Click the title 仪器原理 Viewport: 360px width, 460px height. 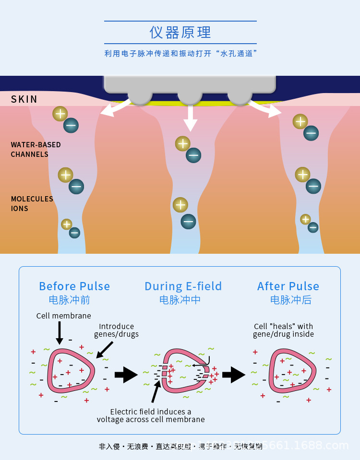[180, 33]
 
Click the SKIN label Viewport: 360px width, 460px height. [24, 99]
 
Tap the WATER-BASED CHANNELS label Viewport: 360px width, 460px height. [36, 150]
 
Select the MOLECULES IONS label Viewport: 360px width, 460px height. [32, 203]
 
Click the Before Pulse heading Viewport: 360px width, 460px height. [74, 286]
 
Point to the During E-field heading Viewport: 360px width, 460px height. [183, 286]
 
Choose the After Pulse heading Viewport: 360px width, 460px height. [288, 286]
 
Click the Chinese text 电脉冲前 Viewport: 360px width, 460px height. [70, 300]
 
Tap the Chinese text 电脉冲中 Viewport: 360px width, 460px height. [180, 300]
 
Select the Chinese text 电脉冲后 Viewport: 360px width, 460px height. [291, 300]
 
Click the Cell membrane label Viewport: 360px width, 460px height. [63, 316]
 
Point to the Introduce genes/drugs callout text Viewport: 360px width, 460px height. [116, 330]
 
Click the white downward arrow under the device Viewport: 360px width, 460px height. [191, 118]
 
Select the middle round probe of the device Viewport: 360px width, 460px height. [190, 96]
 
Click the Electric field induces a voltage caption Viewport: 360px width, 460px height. [151, 415]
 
